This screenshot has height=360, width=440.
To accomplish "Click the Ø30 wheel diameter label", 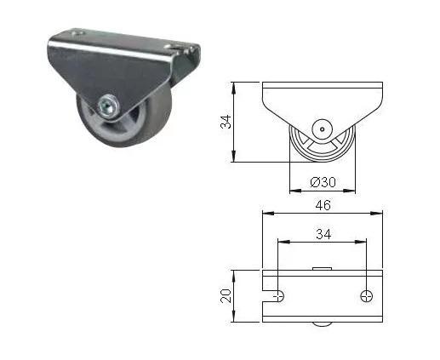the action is pos(323,182).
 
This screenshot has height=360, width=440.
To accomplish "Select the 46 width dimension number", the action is pos(323,205).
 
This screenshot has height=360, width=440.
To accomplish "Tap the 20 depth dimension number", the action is pos(226,296).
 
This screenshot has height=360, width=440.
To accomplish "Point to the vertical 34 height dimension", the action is pos(226,122).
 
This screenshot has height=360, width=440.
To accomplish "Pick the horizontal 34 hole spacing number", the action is pos(323,234).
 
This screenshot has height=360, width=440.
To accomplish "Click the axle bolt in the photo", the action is pos(108,107).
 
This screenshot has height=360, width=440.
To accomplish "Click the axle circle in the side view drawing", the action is pos(322,129).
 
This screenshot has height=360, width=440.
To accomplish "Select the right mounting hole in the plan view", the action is pos(367,296).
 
